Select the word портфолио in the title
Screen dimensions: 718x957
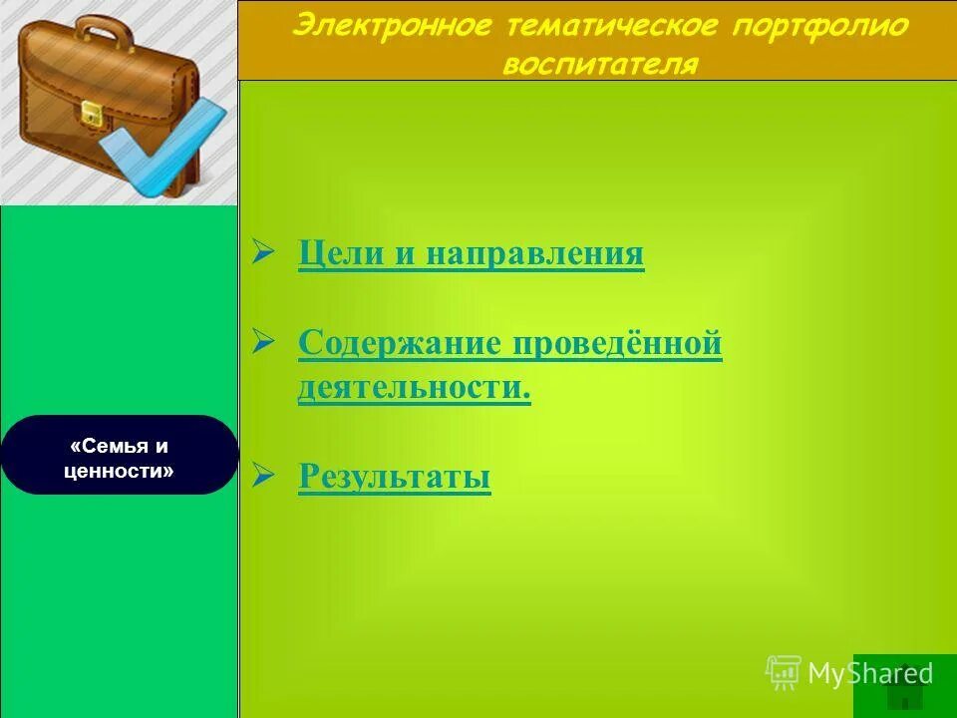click(819, 26)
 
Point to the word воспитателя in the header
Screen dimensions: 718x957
click(600, 64)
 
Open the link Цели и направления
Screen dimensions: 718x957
click(471, 254)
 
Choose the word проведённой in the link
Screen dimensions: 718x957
click(617, 343)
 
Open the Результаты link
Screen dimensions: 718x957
click(395, 478)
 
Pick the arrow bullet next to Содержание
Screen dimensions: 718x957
click(263, 342)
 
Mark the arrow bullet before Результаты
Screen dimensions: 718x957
click(263, 476)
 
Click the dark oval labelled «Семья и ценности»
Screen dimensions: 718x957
click(120, 455)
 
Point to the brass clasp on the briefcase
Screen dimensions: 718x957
click(92, 114)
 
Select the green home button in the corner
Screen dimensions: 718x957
click(903, 686)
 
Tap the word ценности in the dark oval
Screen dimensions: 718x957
click(119, 471)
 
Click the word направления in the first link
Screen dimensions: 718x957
click(535, 254)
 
